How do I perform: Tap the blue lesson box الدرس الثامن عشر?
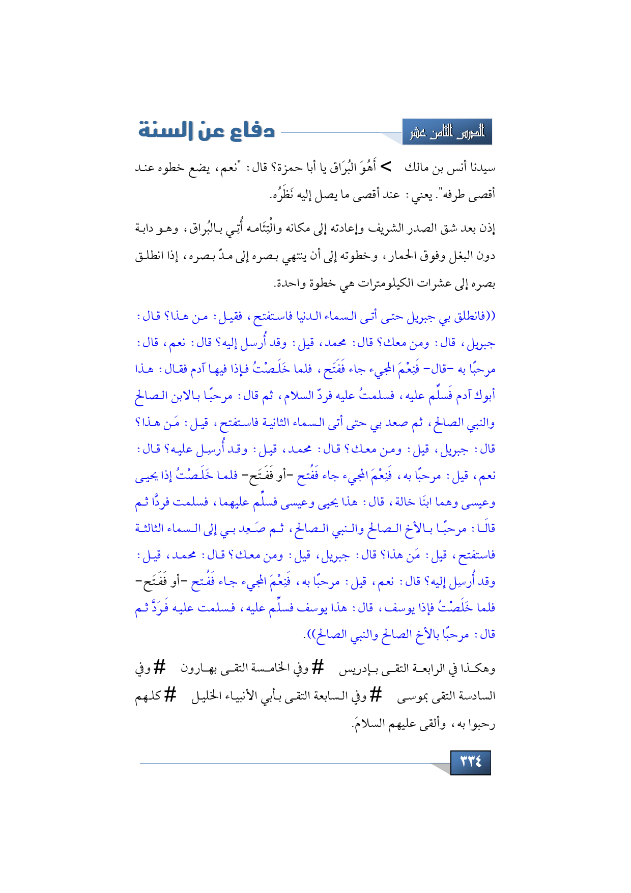pyautogui.click(x=447, y=132)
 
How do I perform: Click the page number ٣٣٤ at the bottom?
pyautogui.click(x=471, y=762)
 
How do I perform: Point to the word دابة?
pyautogui.click(x=148, y=228)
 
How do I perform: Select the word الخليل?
pyautogui.click(x=208, y=696)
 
